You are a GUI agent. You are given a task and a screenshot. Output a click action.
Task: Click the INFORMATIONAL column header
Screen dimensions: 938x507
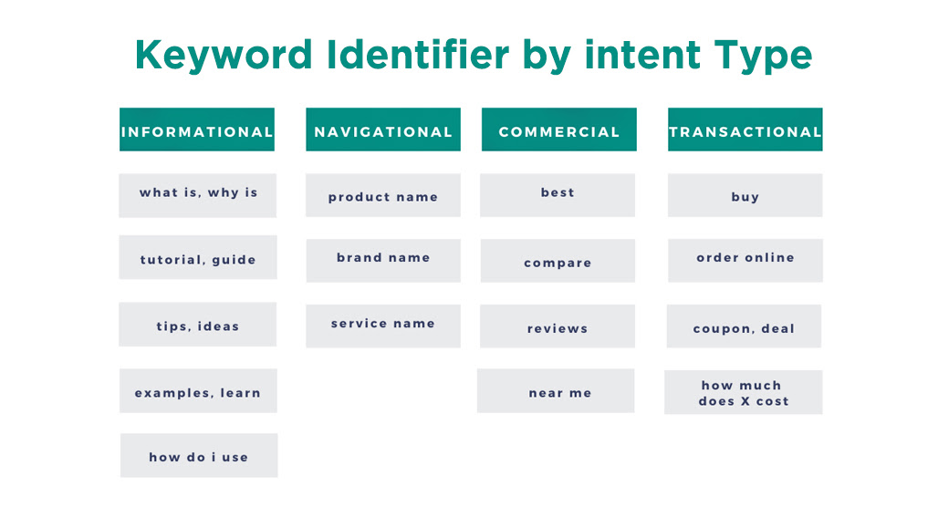tap(197, 129)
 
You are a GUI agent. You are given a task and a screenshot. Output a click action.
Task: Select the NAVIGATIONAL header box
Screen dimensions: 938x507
tap(383, 129)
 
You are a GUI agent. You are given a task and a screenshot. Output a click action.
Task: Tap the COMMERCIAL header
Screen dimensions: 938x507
tap(558, 129)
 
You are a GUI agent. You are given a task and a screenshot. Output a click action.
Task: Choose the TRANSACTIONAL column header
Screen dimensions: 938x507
tap(745, 129)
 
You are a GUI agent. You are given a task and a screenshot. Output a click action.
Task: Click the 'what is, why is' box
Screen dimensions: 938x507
tap(197, 195)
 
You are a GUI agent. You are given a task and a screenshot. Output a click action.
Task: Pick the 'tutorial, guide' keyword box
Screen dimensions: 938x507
tap(197, 257)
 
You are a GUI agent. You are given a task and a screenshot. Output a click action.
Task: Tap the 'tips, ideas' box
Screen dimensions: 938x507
tap(197, 324)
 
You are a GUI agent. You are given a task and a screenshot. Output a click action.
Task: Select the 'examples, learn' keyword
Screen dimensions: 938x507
tap(198, 390)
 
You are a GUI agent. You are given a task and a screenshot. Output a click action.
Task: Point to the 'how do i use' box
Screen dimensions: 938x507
tap(199, 455)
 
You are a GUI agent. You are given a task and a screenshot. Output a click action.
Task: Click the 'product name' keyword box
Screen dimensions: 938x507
tap(383, 195)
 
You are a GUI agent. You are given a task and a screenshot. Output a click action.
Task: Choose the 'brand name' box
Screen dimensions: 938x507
tap(383, 260)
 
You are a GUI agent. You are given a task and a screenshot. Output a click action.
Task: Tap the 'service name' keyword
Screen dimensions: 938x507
tap(383, 326)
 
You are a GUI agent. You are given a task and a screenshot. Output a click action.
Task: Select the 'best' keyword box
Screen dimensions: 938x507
tap(557, 195)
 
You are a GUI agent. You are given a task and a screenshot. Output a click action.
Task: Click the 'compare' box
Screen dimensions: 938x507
tap(557, 260)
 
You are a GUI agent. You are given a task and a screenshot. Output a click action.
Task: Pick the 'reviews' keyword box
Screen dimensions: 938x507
tap(557, 326)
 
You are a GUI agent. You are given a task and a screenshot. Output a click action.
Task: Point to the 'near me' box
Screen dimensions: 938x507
tap(556, 390)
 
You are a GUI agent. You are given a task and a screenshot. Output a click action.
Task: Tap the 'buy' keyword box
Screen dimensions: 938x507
tap(745, 195)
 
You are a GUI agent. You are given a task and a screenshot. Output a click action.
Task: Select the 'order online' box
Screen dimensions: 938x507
tap(745, 260)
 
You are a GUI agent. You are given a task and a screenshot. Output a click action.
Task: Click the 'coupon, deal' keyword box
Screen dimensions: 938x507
tap(744, 326)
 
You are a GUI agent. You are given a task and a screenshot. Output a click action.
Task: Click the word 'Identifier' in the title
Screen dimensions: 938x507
tap(418, 55)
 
